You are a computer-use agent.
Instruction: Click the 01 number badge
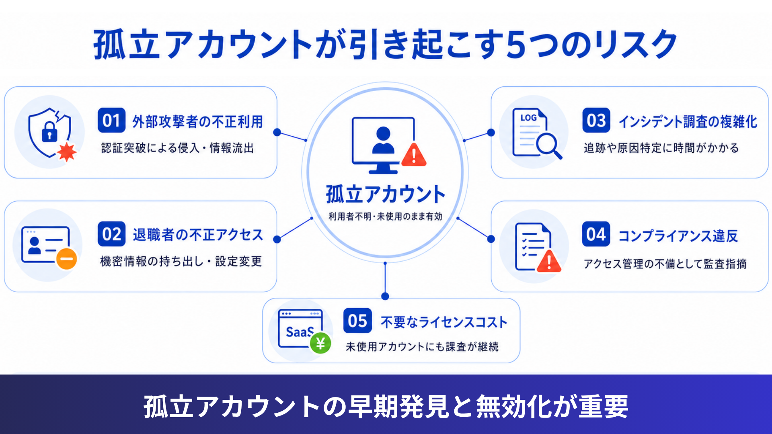click(x=111, y=120)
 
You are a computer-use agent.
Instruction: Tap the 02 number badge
click(x=111, y=234)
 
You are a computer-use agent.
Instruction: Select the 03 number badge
click(x=596, y=120)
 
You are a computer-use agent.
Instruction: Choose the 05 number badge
click(x=357, y=321)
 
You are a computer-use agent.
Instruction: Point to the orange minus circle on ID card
click(x=66, y=259)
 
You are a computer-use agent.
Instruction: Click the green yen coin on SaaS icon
click(x=320, y=344)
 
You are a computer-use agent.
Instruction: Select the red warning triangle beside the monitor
click(x=414, y=155)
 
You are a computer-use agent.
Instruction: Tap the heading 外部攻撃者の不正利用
click(x=198, y=121)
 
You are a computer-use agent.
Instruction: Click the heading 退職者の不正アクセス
click(x=198, y=235)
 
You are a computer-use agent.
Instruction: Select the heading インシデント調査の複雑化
click(x=688, y=121)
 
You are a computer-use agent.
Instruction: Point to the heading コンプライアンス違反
click(x=678, y=235)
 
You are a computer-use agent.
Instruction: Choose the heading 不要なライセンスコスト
click(x=444, y=322)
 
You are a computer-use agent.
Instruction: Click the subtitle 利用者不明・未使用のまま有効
click(x=385, y=217)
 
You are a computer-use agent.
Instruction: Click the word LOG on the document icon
click(x=528, y=118)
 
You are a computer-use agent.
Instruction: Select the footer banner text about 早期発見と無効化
click(x=386, y=406)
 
